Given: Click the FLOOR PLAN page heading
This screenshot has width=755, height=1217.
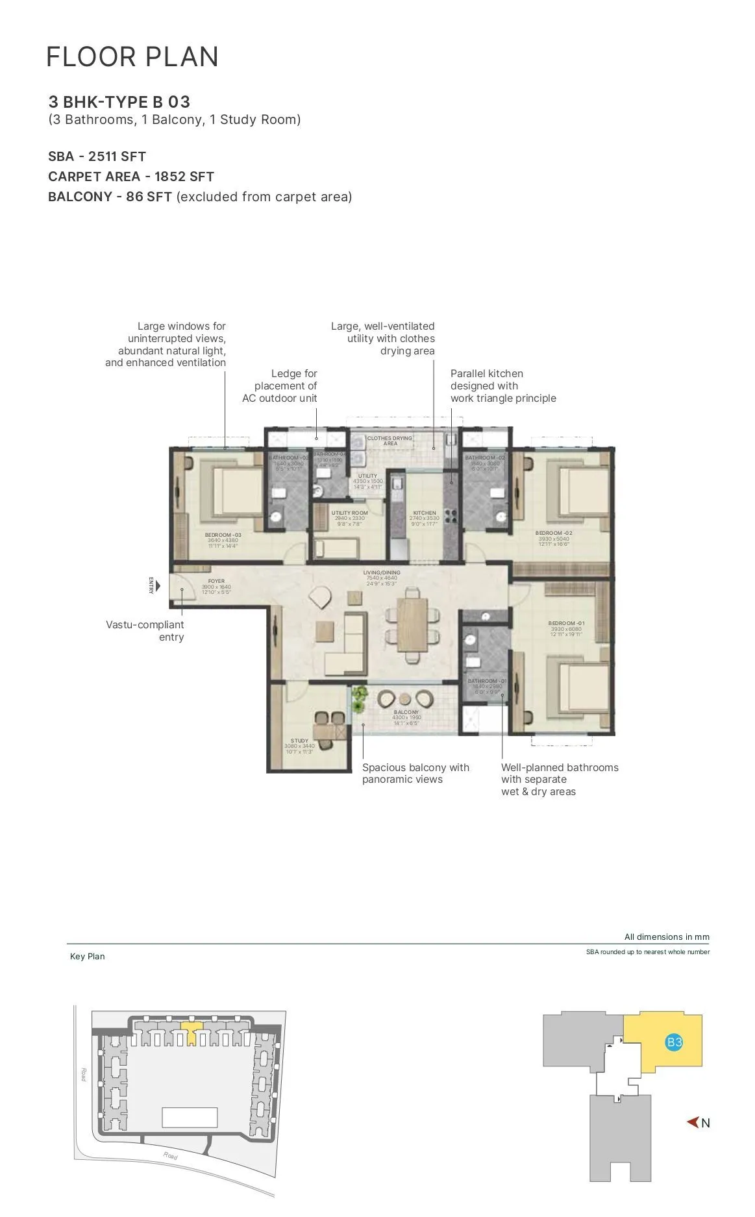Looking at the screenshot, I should pos(132,57).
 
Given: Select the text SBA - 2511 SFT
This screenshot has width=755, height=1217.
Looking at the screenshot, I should pos(97,156).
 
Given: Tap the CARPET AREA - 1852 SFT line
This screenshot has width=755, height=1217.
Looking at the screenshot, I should pos(131,177).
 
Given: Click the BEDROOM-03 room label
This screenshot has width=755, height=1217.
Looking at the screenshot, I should pos(223,535).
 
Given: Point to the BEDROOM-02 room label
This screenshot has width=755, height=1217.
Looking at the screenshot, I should pos(554,533).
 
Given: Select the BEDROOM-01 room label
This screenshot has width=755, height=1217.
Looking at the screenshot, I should pos(566,623).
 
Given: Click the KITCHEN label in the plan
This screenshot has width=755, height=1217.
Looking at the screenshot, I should pos(425,513).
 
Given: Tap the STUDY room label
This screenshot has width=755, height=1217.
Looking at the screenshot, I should pos(299,741).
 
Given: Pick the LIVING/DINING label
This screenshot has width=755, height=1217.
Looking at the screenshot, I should pos(382,572).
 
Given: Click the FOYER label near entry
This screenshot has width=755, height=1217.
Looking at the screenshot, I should pos(216,582).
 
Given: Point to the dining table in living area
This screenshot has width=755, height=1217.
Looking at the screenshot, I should pos(412,623).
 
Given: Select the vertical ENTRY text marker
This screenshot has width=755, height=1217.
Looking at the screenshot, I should pos(151,585).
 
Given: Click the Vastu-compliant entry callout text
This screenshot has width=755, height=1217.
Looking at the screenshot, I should pos(145,630).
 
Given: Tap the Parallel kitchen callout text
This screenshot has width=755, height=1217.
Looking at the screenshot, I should pos(502,386).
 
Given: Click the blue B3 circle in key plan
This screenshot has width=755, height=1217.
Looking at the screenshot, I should pos(674,1042).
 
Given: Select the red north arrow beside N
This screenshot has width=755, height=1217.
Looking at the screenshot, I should pos(693,1122).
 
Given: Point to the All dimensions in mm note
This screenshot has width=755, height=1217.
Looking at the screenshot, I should pos(667,937).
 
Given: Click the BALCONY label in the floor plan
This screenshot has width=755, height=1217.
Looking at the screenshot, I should pos(406,712).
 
